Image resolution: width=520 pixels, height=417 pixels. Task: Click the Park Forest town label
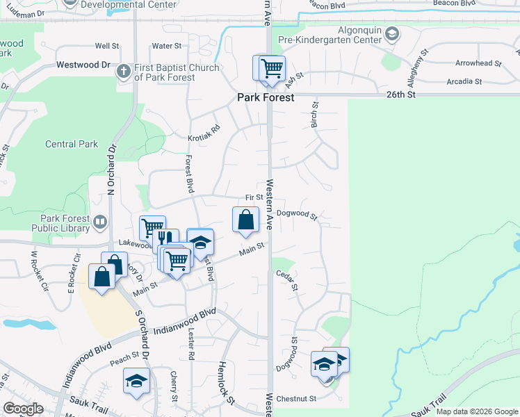(x=266, y=98)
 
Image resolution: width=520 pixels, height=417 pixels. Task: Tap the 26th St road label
(x=401, y=94)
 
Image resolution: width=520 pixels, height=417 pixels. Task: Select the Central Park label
(x=72, y=145)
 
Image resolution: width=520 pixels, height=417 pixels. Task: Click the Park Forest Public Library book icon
(x=101, y=222)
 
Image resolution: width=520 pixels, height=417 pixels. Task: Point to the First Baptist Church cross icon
(x=124, y=71)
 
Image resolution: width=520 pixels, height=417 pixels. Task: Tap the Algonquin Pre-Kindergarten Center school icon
(x=391, y=33)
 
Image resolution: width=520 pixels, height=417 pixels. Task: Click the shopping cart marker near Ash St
(x=271, y=69)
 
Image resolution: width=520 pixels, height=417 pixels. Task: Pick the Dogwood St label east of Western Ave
(x=296, y=215)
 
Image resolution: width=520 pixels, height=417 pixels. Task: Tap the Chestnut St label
(x=296, y=399)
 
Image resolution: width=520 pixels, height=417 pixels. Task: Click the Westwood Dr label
(x=93, y=65)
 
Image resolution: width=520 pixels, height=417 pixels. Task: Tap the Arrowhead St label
(x=478, y=63)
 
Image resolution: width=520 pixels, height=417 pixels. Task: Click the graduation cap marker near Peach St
(x=136, y=380)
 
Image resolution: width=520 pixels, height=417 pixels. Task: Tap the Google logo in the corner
(x=23, y=409)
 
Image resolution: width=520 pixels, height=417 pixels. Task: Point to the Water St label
(x=166, y=46)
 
